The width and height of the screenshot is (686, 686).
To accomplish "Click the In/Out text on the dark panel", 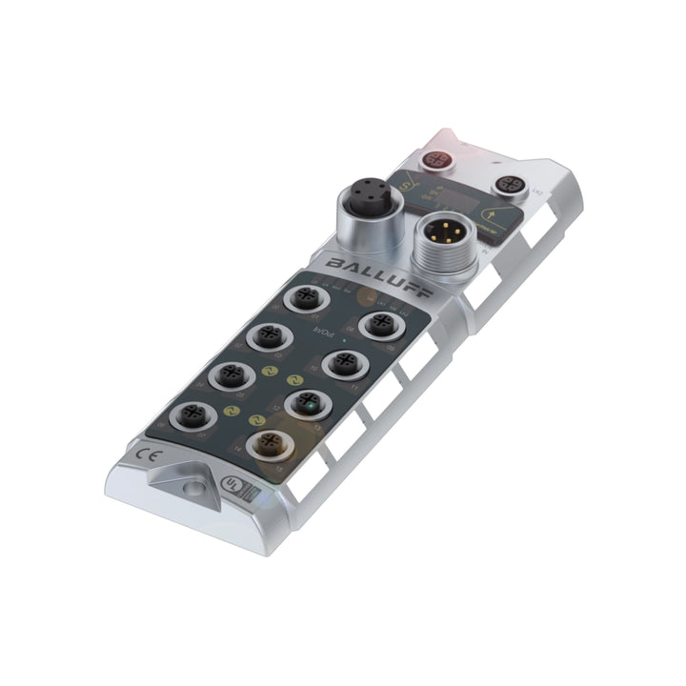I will pyautogui.click(x=325, y=331).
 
